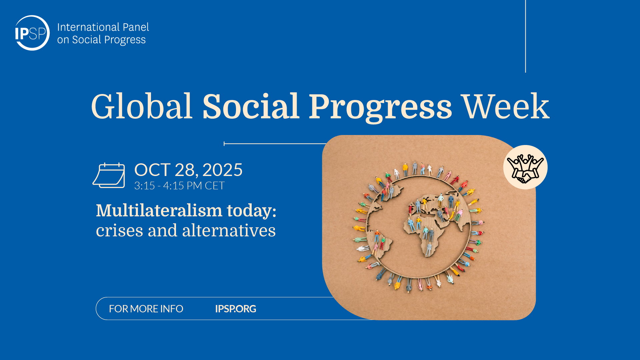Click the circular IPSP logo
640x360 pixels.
point(32,33)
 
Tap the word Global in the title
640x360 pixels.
point(142,106)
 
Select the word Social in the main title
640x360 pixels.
point(251,106)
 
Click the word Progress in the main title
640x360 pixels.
point(380,108)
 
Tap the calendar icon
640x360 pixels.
point(109,175)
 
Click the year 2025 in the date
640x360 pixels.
point(222,170)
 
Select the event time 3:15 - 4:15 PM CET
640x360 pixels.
point(179,186)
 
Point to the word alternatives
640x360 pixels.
point(229,230)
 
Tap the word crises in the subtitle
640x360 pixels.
point(120,231)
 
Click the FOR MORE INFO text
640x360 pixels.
point(146,309)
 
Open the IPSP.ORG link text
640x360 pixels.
point(236,309)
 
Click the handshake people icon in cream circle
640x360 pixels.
point(525,167)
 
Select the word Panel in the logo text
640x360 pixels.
point(136,27)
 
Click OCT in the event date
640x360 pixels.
point(152,170)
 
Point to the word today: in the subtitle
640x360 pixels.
point(252,211)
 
